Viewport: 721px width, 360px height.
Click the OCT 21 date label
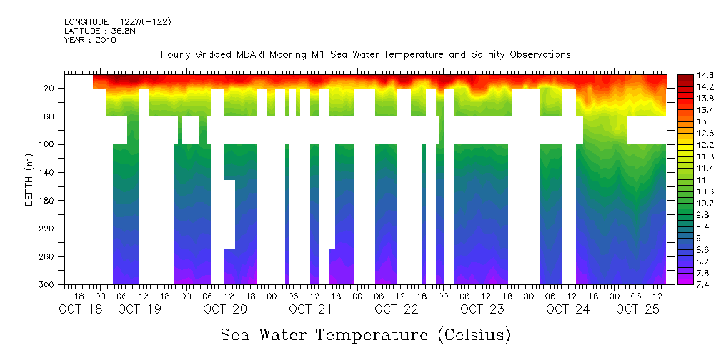click(x=312, y=309)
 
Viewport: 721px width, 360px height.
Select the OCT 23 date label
click(x=482, y=309)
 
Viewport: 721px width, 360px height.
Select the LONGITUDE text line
click(x=118, y=22)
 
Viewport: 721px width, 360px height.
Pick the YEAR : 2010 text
click(x=90, y=40)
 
